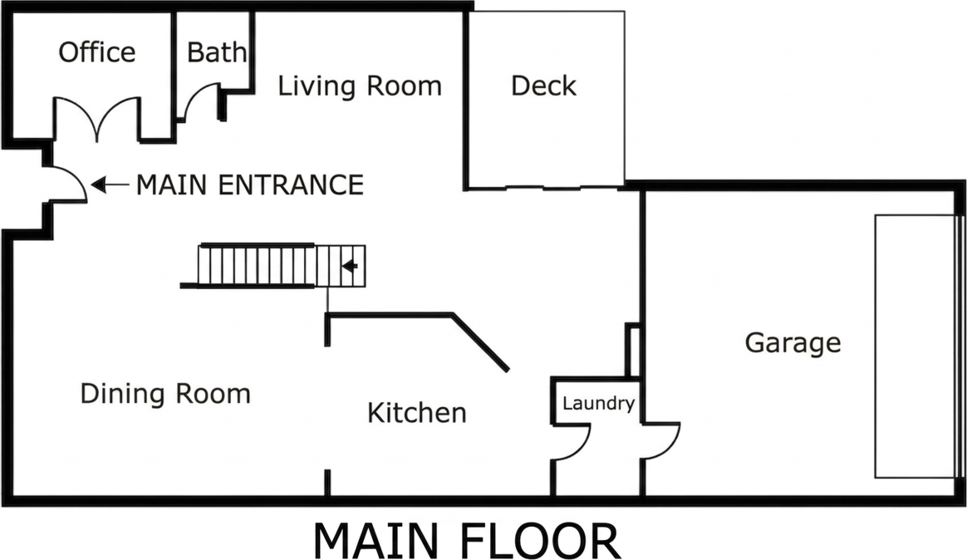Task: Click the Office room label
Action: pos(97,52)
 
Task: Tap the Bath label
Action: pos(216,52)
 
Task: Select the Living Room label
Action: pos(359,86)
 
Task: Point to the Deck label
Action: pos(543,86)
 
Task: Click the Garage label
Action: pos(793,342)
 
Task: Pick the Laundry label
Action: pos(598,404)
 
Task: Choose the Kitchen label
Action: pos(417,412)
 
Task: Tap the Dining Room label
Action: pos(165,393)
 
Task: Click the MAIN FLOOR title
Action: pos(466,541)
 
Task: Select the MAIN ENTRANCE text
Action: pos(249,184)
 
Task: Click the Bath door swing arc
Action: pos(200,101)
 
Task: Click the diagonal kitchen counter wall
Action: pos(480,342)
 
